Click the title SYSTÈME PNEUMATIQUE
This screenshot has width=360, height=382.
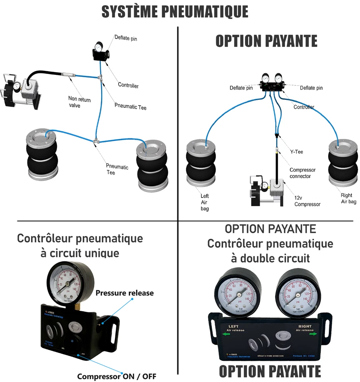click(x=175, y=12)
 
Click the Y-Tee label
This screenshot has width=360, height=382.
click(x=297, y=152)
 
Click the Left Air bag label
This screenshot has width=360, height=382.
click(x=204, y=202)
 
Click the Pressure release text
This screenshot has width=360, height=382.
click(x=125, y=293)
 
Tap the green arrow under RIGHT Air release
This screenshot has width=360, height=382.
click(x=313, y=334)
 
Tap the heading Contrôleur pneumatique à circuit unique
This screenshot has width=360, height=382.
click(x=80, y=246)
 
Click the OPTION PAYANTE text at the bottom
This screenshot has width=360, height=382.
click(x=270, y=371)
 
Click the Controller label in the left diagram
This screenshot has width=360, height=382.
click(x=128, y=85)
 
